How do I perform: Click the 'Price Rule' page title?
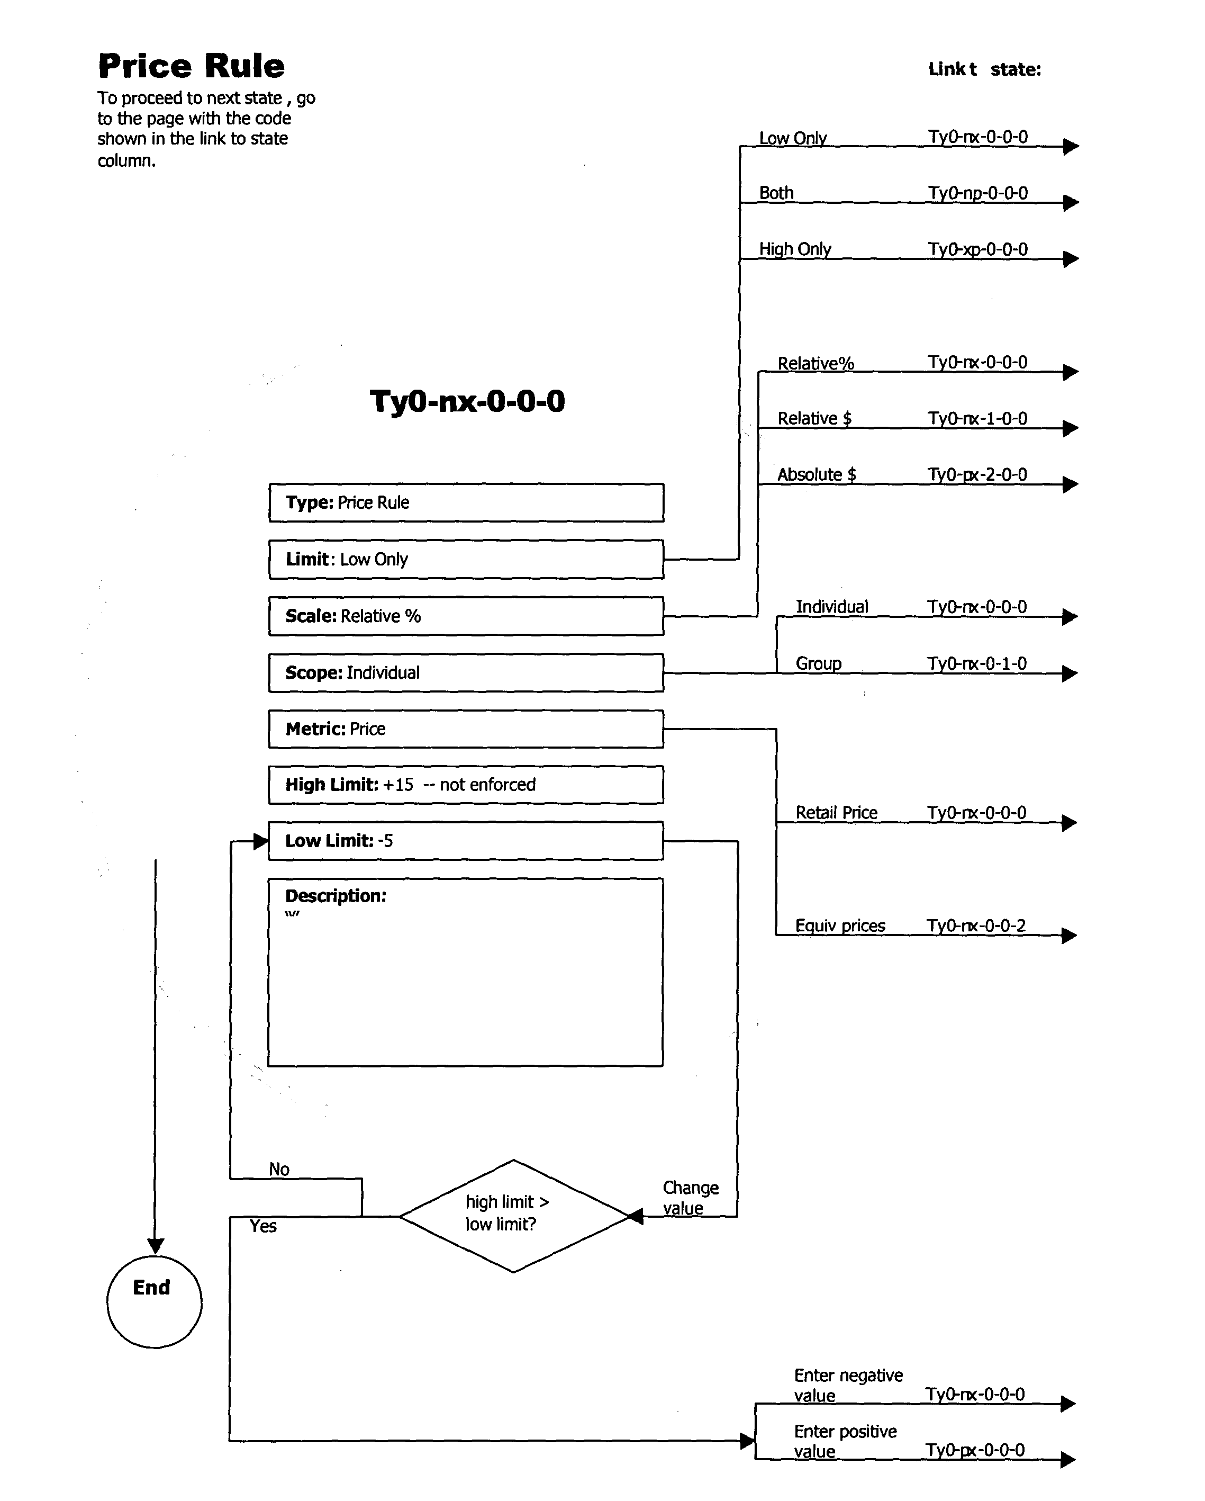pyautogui.click(x=192, y=66)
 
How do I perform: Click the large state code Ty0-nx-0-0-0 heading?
pyautogui.click(x=467, y=401)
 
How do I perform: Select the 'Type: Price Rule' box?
pyautogui.click(x=466, y=502)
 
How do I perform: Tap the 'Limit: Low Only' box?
pyautogui.click(x=466, y=559)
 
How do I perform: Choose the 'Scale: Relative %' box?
pyautogui.click(x=466, y=616)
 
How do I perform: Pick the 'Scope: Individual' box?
pyautogui.click(x=466, y=672)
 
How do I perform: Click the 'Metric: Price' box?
pyautogui.click(x=466, y=729)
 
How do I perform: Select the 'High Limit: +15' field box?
pyautogui.click(x=466, y=785)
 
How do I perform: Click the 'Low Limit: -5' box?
pyautogui.click(x=466, y=841)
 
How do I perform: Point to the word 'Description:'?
pyautogui.click(x=336, y=896)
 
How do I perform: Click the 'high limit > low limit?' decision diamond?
pyautogui.click(x=513, y=1216)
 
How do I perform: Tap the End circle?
pyautogui.click(x=154, y=1301)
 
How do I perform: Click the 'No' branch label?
pyautogui.click(x=279, y=1169)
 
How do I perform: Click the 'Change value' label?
pyautogui.click(x=690, y=1198)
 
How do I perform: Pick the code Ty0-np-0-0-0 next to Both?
pyautogui.click(x=977, y=193)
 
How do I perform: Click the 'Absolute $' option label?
pyautogui.click(x=816, y=475)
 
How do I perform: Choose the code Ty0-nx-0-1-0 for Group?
pyautogui.click(x=976, y=663)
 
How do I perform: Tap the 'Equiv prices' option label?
pyautogui.click(x=840, y=926)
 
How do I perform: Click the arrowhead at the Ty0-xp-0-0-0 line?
pyautogui.click(x=1071, y=259)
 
